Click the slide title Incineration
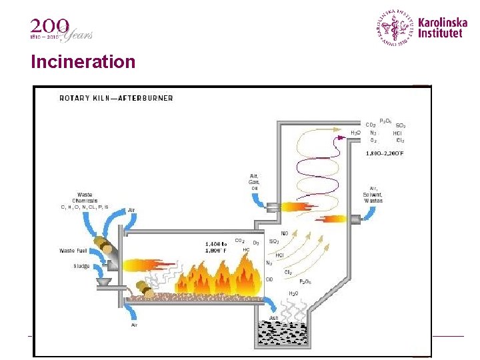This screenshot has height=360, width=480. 83,62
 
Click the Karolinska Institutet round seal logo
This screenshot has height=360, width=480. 395,27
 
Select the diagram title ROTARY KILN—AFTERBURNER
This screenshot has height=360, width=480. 116,98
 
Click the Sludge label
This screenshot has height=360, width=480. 81,266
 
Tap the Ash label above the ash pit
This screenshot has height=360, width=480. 274,318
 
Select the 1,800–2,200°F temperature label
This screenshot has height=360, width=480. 385,153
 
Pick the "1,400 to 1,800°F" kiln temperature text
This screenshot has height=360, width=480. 216,247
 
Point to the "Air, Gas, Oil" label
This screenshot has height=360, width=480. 254,182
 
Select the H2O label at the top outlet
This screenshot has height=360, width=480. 355,133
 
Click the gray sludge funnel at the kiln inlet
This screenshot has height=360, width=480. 105,282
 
